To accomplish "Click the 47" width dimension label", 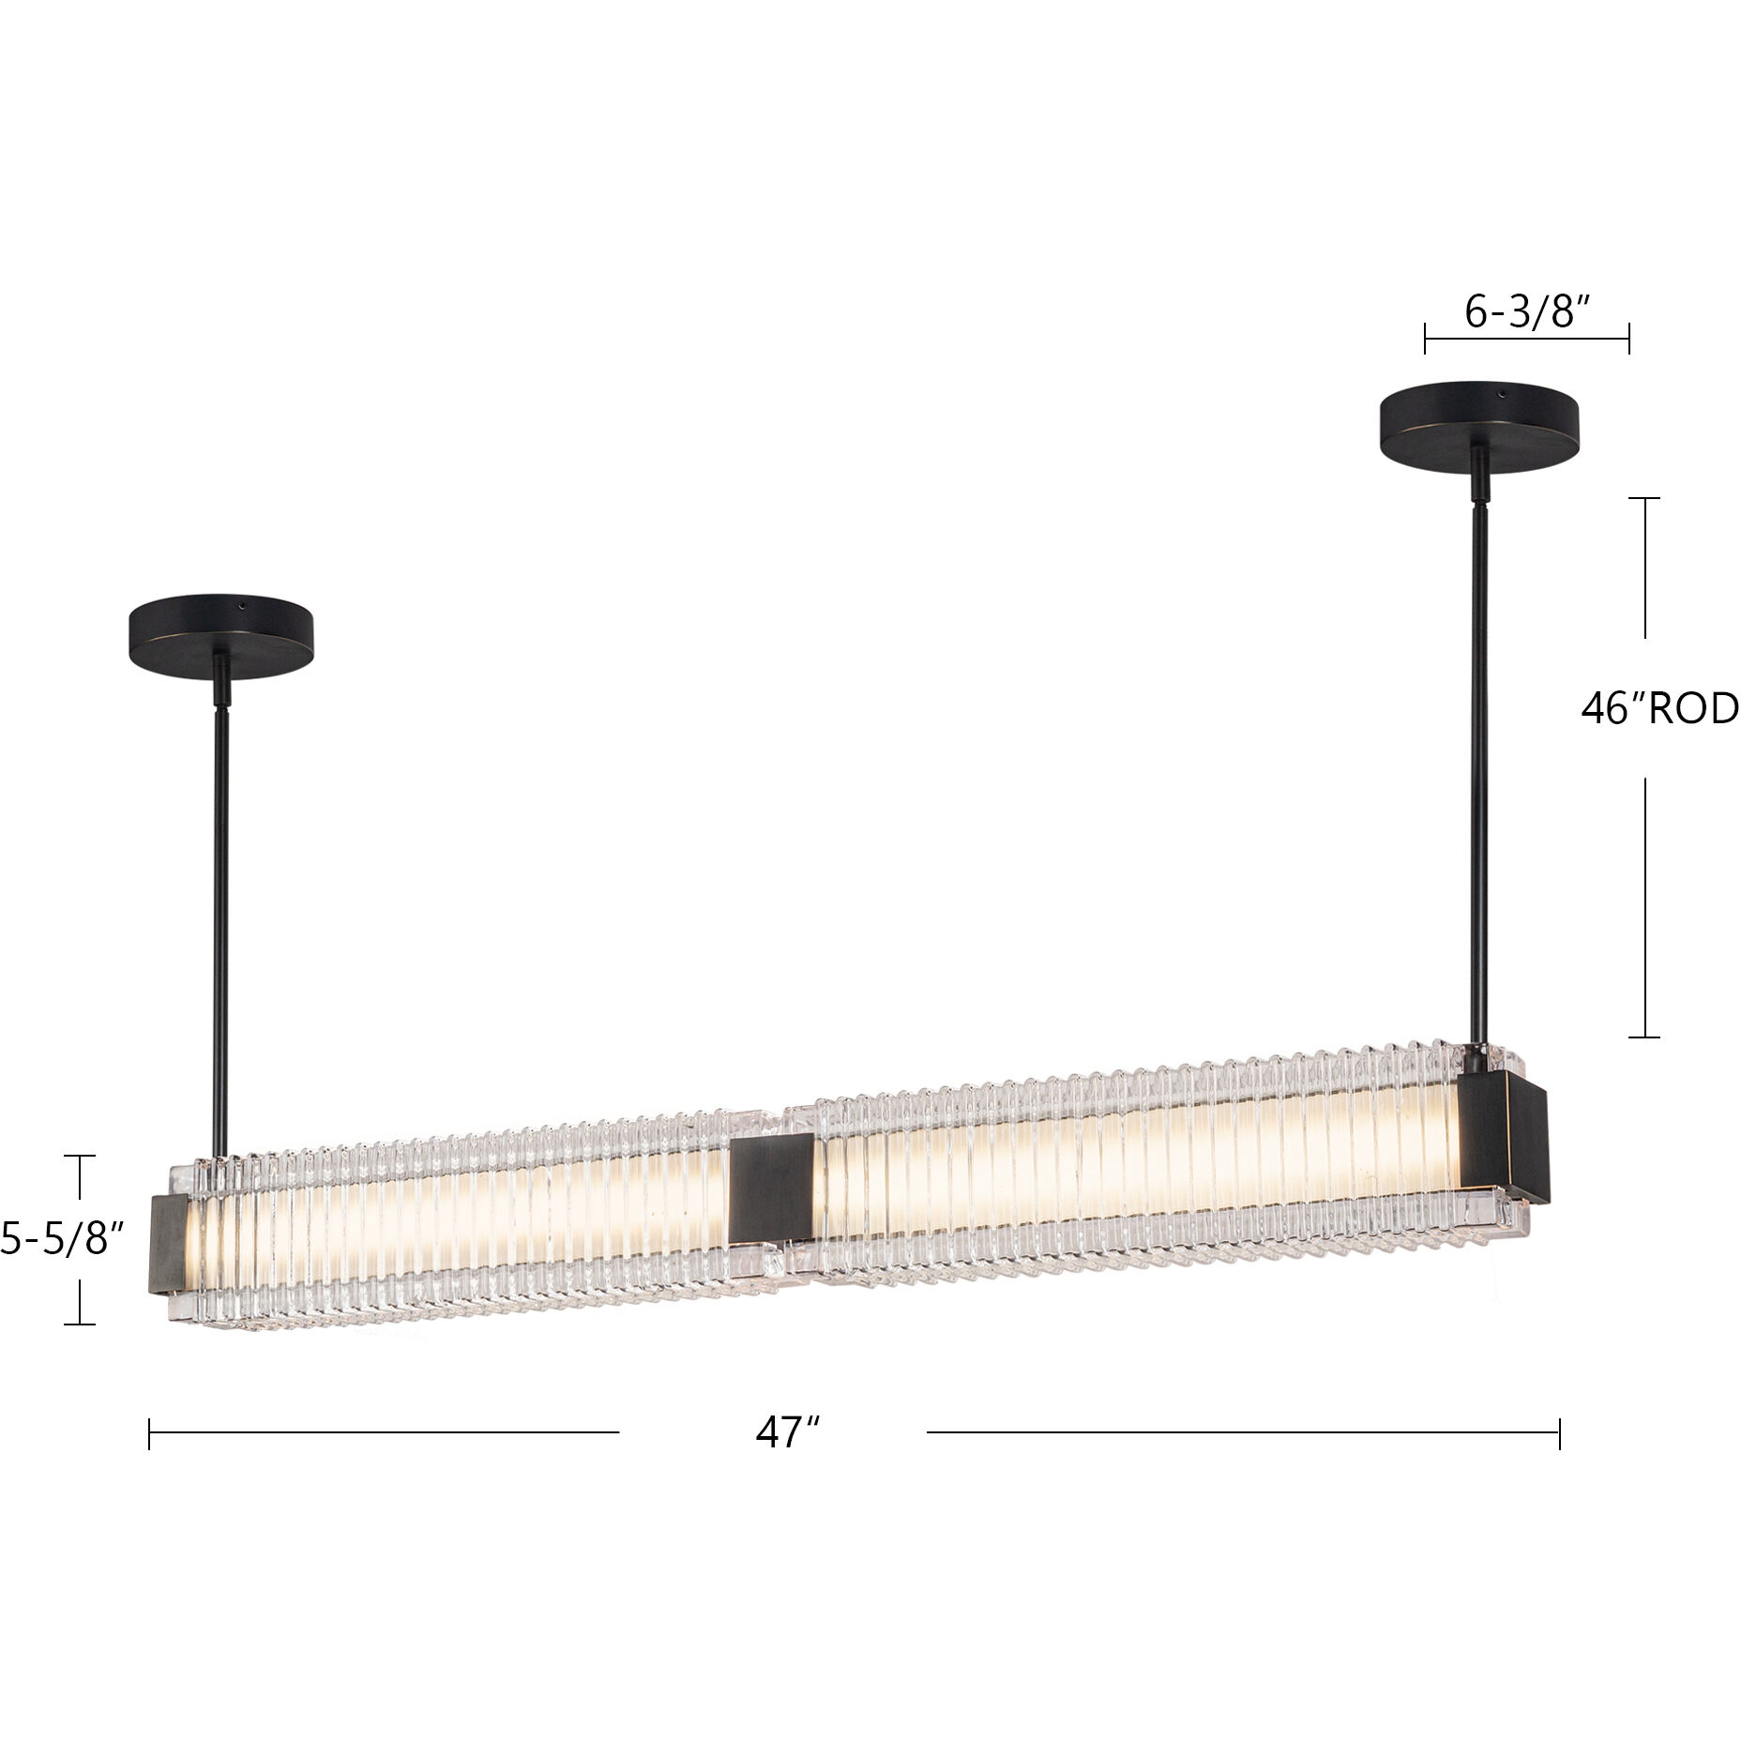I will [x=787, y=1432].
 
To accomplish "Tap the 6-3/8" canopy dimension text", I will [x=1526, y=312].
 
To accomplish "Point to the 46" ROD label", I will [x=1658, y=709].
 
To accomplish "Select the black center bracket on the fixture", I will [x=772, y=1187].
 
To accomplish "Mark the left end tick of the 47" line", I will [x=149, y=1433].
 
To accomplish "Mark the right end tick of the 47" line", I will [x=1559, y=1433].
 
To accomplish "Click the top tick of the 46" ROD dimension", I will [x=1643, y=498].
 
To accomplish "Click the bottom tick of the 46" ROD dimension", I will [x=1643, y=1037].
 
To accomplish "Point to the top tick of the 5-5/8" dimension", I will [x=80, y=1157].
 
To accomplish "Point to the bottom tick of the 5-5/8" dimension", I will [x=80, y=1324].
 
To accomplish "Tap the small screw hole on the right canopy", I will [x=1500, y=393].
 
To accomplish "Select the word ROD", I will [x=1694, y=709].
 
